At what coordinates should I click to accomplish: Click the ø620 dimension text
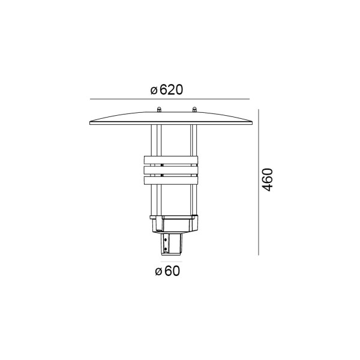tap(167, 90)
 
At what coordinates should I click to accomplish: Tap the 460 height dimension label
tap(268, 180)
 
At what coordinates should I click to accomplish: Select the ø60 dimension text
tap(167, 271)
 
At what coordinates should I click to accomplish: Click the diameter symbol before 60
tap(158, 272)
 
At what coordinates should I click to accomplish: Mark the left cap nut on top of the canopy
tap(158, 109)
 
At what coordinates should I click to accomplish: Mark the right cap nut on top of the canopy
tap(194, 109)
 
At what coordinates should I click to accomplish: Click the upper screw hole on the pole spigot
tap(166, 240)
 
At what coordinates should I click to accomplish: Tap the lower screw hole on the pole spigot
tap(166, 249)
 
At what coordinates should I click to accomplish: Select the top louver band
tap(171, 160)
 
